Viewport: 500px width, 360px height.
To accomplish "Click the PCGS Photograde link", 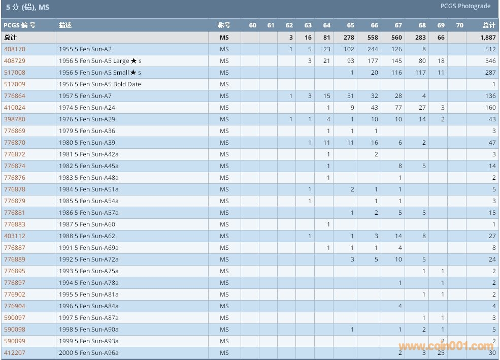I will coord(465,6).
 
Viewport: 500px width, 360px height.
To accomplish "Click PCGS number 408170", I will coord(15,49).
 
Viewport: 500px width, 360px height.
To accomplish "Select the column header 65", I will coord(351,25).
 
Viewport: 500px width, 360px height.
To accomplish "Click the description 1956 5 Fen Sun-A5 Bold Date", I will coord(100,84).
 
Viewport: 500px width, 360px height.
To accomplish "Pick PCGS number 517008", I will coord(15,73).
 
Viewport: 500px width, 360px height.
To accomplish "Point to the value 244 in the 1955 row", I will coord(373,49).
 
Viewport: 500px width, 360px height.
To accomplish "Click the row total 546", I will coord(490,61).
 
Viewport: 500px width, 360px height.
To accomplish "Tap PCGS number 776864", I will coord(15,96).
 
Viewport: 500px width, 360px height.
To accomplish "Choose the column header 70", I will coord(459,25).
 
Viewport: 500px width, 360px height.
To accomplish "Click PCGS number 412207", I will coord(15,353).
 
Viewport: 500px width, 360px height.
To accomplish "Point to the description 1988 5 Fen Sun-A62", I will coord(87,236).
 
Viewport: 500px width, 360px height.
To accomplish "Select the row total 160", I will coord(490,108).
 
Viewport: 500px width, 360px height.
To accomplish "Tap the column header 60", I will coord(253,25).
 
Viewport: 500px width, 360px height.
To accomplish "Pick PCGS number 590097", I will coord(15,318).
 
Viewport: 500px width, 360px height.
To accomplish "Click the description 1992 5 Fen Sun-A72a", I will coord(89,259).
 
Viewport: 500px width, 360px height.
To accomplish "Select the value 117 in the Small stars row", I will coord(420,73).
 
